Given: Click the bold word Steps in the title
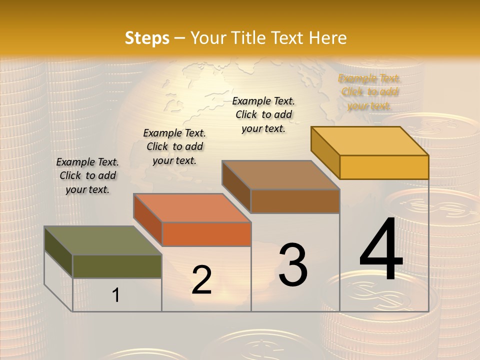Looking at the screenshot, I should pyautogui.click(x=147, y=38).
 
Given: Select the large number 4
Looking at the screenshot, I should pyautogui.click(x=381, y=250).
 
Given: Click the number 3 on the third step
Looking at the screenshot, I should pyautogui.click(x=293, y=265).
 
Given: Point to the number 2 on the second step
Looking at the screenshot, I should pyautogui.click(x=201, y=280).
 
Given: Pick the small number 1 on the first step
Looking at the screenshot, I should pyautogui.click(x=116, y=295).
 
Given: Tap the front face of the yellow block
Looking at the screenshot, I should pyautogui.click(x=384, y=167).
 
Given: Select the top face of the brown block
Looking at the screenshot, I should pyautogui.click(x=280, y=175).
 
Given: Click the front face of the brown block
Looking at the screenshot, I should pyautogui.click(x=295, y=201).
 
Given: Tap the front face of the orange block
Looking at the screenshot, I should pyautogui.click(x=206, y=234).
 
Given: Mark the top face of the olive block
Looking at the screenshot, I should pyautogui.click(x=103, y=240).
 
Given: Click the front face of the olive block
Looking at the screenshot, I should pyautogui.click(x=117, y=266).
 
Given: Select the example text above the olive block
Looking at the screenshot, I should pyautogui.click(x=87, y=175).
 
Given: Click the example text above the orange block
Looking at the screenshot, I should pyautogui.click(x=174, y=146).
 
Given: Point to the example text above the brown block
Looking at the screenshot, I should pyautogui.click(x=263, y=114).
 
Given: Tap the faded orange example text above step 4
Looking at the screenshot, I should pyautogui.click(x=369, y=92).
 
